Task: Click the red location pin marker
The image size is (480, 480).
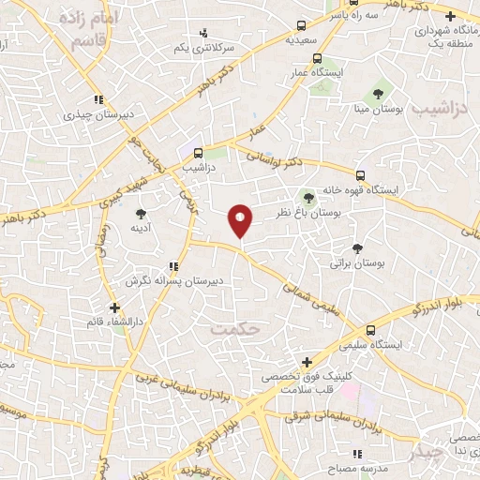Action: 241,219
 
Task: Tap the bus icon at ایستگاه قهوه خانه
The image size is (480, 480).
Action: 360,174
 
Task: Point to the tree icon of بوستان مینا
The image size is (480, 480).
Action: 378,94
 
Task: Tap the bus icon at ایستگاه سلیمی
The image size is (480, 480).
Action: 372,330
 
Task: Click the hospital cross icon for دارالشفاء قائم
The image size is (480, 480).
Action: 113,307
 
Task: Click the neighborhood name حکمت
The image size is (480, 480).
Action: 232,329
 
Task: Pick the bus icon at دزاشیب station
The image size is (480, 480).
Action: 198,153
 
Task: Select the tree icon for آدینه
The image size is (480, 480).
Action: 141,213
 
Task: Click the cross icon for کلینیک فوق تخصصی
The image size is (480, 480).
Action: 307,363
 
